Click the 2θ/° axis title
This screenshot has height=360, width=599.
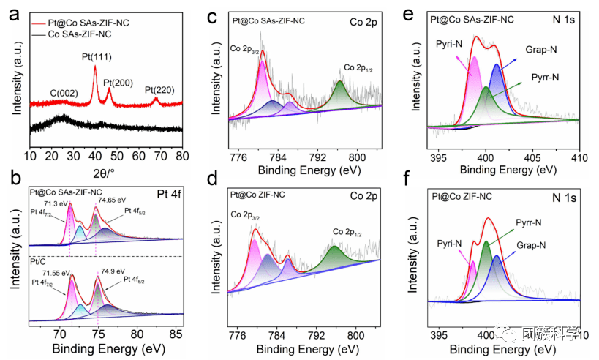pos(106,173)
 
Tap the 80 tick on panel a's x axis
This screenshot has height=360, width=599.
pos(182,157)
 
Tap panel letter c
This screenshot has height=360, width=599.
pos(211,14)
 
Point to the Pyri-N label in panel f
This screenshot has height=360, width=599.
pos(451,242)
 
